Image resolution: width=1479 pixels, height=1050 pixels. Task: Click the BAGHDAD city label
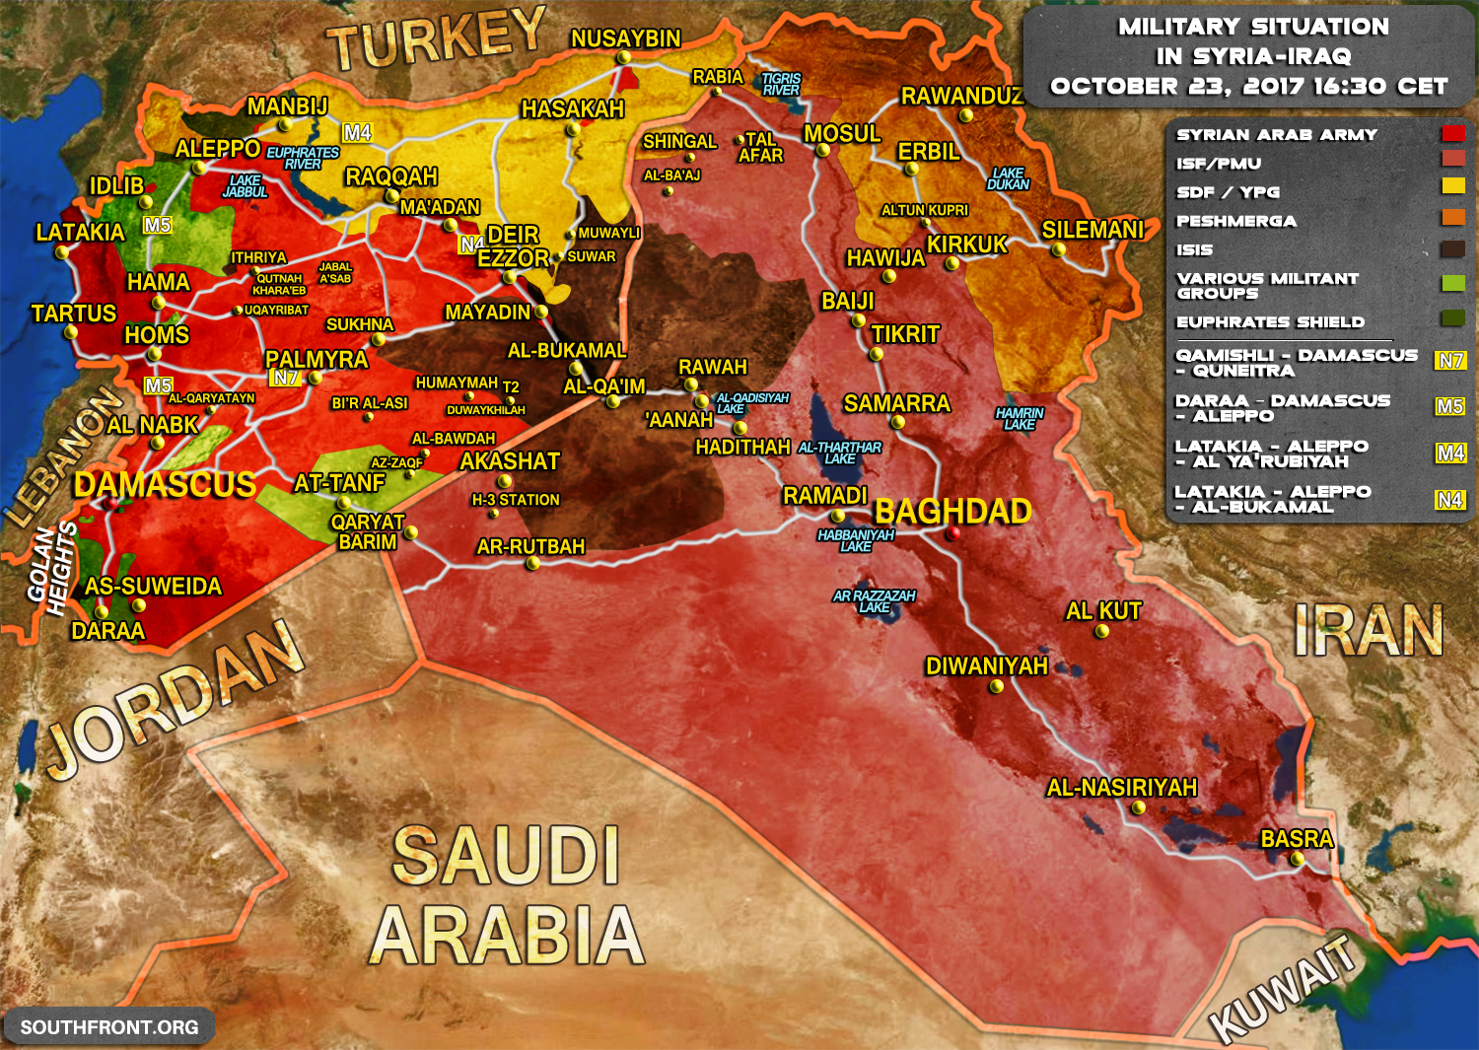point(952,511)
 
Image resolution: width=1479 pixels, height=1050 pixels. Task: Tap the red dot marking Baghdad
point(952,533)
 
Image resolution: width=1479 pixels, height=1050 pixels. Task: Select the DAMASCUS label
point(165,484)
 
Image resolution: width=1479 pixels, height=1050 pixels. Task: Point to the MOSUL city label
point(842,133)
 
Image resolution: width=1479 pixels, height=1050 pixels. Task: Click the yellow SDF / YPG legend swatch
point(1452,185)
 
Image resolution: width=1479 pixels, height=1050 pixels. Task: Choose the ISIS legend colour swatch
point(1452,249)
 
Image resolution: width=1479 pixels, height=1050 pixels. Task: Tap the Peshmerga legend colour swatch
point(1452,218)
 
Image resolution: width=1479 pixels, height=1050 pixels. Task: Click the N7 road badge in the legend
point(1449,361)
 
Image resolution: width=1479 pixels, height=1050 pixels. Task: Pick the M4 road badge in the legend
point(1449,453)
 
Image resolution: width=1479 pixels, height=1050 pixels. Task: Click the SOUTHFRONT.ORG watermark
point(109,1027)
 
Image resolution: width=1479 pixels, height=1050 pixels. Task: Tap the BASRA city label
point(1297,838)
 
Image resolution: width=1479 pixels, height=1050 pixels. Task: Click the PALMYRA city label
point(317,359)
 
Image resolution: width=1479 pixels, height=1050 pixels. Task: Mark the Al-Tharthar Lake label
point(840,453)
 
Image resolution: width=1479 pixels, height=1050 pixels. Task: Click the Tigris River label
point(781,84)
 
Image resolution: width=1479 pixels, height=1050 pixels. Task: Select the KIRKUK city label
point(967,244)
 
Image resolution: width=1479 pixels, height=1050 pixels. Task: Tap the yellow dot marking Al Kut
point(1102,632)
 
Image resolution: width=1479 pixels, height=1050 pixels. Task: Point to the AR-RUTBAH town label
point(530,546)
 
